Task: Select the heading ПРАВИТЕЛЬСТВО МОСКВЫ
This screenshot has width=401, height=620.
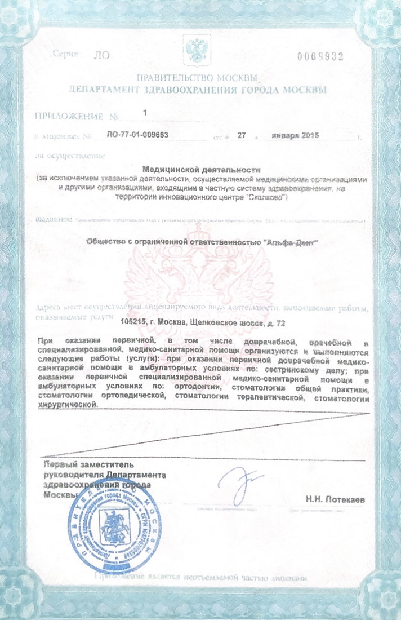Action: pyautogui.click(x=197, y=78)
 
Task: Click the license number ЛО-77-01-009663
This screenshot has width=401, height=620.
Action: pyautogui.click(x=137, y=135)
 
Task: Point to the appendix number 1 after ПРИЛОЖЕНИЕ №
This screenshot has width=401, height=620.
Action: pyautogui.click(x=145, y=113)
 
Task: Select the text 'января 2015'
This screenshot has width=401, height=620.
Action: pyautogui.click(x=296, y=135)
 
